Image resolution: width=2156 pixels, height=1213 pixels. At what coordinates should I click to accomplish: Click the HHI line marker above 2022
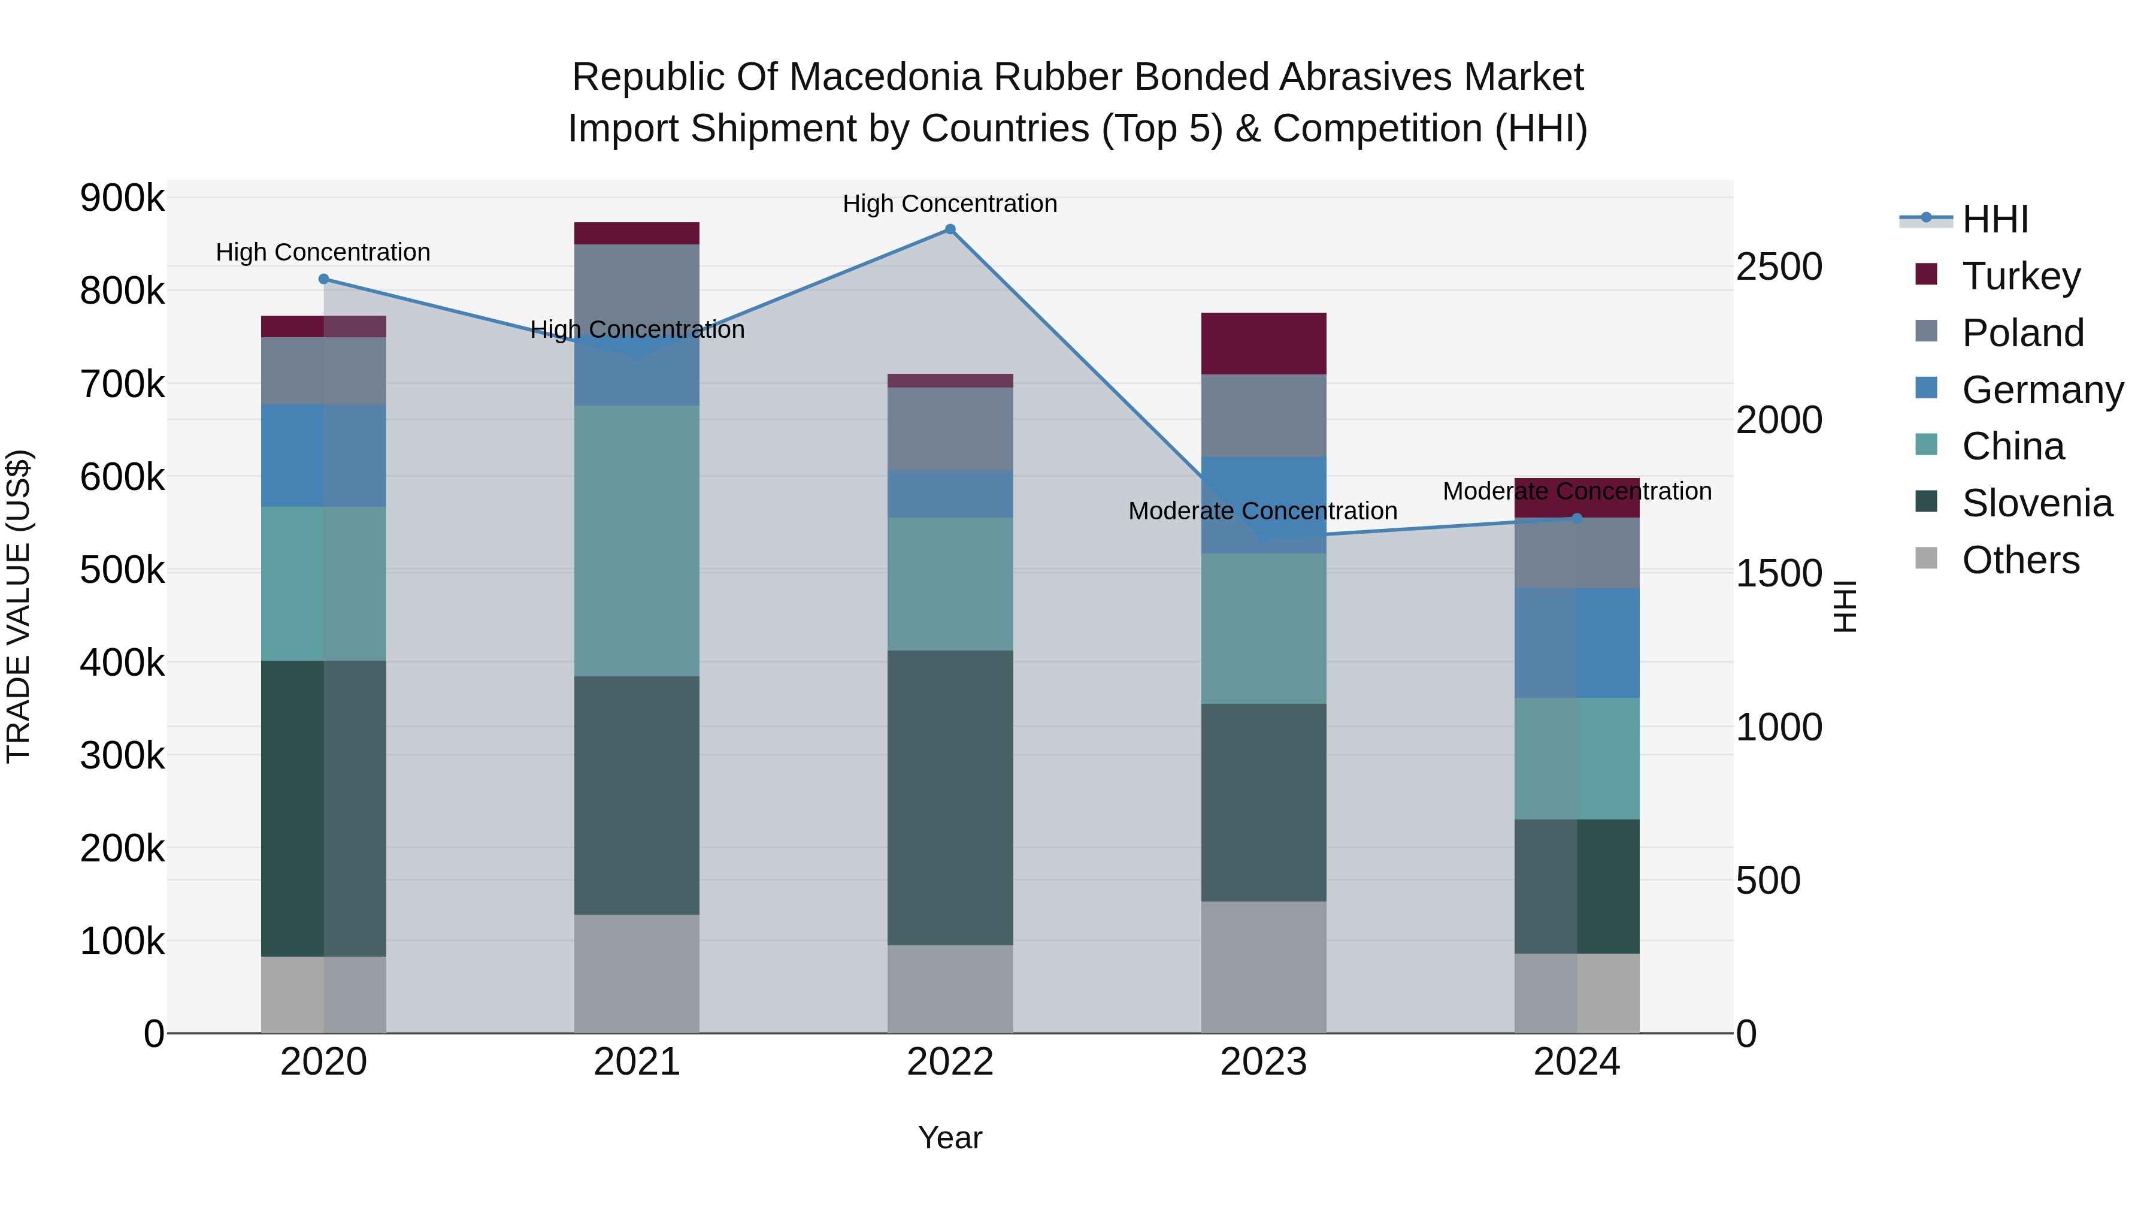(950, 229)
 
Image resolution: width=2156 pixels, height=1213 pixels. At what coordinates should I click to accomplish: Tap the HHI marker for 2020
(324, 279)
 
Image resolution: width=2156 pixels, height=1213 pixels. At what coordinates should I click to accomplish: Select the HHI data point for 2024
(1577, 518)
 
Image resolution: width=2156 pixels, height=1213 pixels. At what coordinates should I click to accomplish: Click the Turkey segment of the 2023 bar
(1263, 343)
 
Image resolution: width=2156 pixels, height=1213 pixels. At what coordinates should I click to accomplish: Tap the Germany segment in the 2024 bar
(1577, 643)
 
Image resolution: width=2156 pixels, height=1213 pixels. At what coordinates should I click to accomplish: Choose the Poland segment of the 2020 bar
(324, 371)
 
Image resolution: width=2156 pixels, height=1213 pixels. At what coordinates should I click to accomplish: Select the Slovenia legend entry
(2036, 503)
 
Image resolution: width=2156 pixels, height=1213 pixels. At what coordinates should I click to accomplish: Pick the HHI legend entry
(1994, 219)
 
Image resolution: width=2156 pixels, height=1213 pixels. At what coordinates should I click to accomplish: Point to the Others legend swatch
(1926, 558)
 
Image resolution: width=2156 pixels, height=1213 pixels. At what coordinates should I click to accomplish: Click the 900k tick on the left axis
(122, 198)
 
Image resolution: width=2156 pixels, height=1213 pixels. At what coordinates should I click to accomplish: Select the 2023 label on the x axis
(1263, 1061)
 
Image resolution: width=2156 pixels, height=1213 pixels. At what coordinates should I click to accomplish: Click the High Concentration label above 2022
(950, 204)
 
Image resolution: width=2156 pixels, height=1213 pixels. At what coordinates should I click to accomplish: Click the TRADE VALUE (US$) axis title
(19, 606)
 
